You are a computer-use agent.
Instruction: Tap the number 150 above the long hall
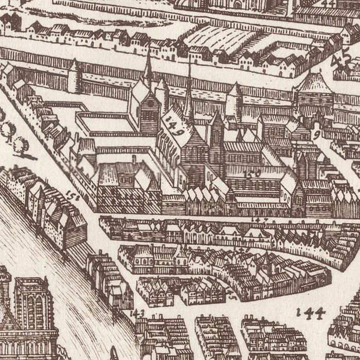pos(253,174)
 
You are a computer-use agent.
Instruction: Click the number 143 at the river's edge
pos(137,313)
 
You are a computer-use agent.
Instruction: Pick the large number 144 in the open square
pos(311,312)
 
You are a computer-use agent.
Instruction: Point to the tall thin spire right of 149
pos(189,95)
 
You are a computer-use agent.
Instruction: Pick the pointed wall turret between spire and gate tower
pos(234,100)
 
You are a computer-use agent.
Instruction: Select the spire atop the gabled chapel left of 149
pos(149,69)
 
